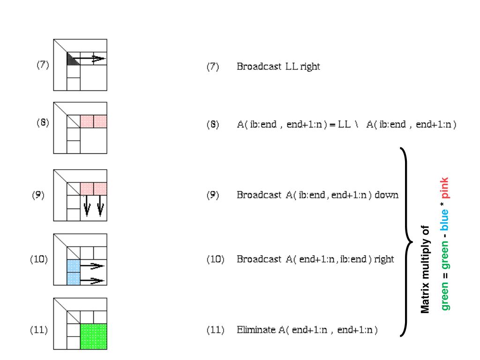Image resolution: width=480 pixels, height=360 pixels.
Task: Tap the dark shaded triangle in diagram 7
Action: [70, 60]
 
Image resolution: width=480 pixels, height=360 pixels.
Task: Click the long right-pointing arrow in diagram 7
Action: [89, 59]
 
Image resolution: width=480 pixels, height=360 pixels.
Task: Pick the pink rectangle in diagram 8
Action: [93, 121]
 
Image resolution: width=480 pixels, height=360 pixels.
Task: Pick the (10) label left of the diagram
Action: [40, 259]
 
